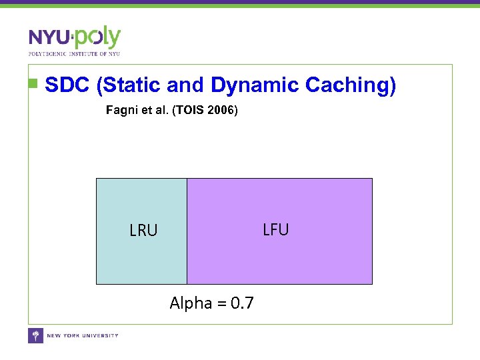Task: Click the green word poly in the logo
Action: point(98,37)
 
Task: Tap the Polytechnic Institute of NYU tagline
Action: point(74,53)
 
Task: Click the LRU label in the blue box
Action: point(143,231)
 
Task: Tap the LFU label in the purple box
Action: point(275,230)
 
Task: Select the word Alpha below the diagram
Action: point(190,304)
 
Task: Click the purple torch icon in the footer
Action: point(35,335)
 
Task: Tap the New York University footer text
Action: point(83,335)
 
